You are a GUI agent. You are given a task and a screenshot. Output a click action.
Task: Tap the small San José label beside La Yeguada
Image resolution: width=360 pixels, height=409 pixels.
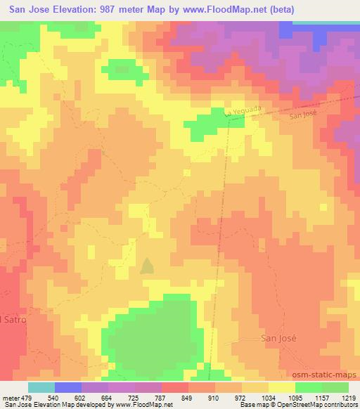pos(306,117)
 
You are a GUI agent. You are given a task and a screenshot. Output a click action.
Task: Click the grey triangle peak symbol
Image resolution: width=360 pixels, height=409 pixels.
pos(147,266)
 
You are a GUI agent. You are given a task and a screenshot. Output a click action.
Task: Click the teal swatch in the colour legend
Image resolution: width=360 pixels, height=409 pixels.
pos(41,387)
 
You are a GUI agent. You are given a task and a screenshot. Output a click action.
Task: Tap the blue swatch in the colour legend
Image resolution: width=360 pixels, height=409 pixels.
pos(68,387)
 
